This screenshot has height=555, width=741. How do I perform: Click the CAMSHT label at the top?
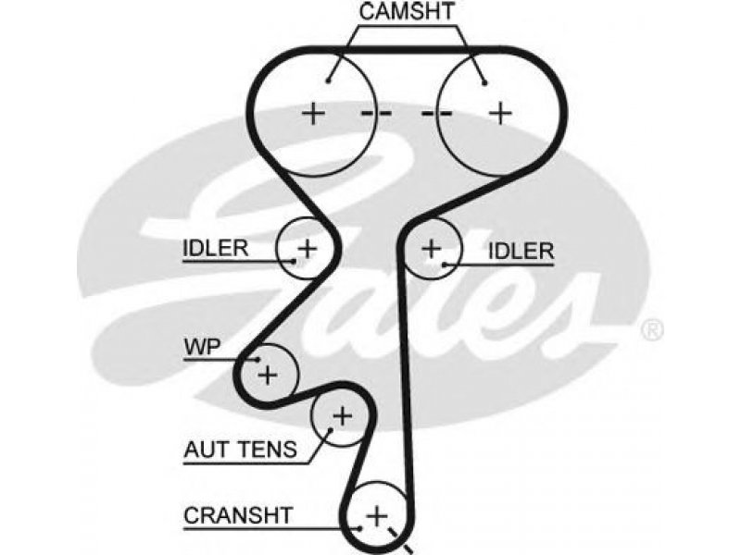coord(407,12)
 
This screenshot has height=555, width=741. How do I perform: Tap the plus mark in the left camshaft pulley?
coord(313,114)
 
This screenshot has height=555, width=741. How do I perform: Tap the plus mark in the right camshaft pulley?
coord(500,114)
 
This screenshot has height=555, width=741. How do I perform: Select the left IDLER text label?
coord(216,248)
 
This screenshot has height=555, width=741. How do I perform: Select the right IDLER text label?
coord(521,251)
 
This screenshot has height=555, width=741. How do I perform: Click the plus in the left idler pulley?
coord(308,248)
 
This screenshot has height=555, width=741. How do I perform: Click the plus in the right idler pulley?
coord(432,248)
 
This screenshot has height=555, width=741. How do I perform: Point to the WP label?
coord(202,348)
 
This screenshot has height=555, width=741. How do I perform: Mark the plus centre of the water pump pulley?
coord(268,376)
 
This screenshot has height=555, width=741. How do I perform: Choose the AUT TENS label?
coord(241,450)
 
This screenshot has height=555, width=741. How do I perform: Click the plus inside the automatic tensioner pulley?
coord(342,416)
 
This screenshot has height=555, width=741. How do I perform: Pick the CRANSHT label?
coord(239,515)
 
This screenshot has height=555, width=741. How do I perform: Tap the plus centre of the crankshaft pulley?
coord(377,515)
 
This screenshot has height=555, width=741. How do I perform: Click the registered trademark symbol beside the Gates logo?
coord(653,329)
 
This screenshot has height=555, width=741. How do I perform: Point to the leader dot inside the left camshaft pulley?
coord(328,81)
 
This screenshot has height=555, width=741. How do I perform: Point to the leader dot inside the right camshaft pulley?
coord(484,83)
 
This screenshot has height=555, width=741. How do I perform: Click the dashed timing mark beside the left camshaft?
coord(376,113)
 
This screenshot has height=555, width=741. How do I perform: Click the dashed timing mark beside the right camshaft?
coord(436,113)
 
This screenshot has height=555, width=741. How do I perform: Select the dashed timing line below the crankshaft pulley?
coord(400,539)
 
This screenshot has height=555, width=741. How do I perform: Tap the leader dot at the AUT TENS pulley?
coord(331,429)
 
